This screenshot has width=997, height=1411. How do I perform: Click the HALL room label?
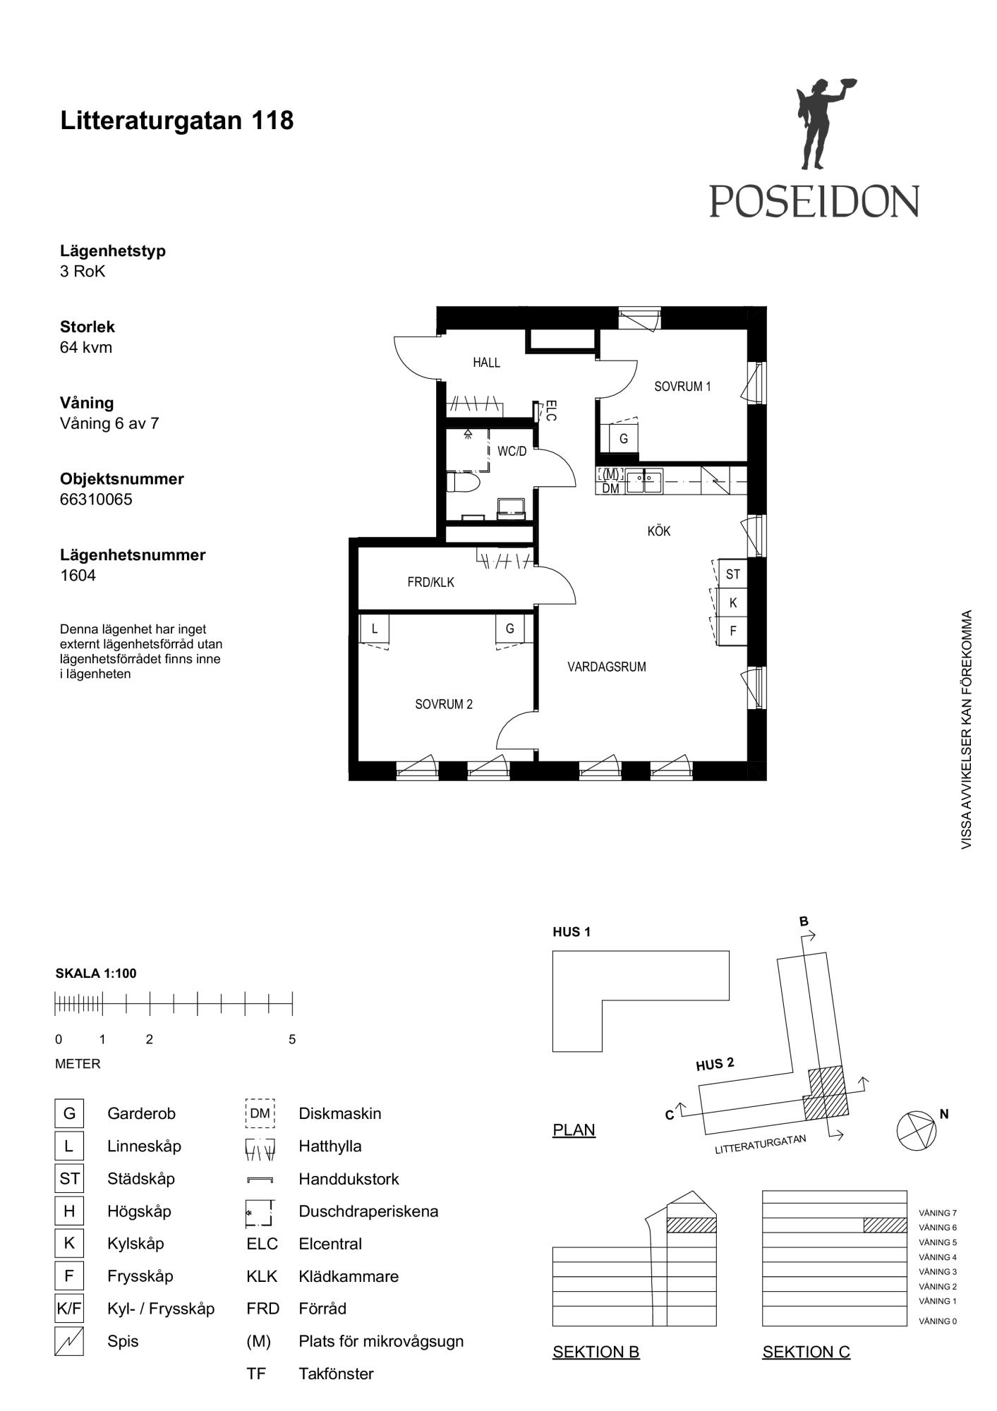pyautogui.click(x=486, y=363)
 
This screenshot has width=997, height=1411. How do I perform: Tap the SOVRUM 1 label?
pyautogui.click(x=682, y=387)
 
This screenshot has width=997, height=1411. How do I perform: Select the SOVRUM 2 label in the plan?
pyautogui.click(x=444, y=704)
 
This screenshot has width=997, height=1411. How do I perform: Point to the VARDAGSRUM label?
pyautogui.click(x=607, y=667)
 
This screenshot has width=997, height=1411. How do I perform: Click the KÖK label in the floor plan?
pyautogui.click(x=659, y=531)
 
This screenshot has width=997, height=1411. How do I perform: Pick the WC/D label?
pyautogui.click(x=512, y=452)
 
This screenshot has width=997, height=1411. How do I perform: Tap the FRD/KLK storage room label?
pyautogui.click(x=431, y=583)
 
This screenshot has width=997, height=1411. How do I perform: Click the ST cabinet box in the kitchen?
pyautogui.click(x=733, y=574)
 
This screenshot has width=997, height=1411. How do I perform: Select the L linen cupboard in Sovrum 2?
pyautogui.click(x=375, y=629)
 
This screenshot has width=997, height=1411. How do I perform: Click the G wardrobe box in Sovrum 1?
pyautogui.click(x=624, y=438)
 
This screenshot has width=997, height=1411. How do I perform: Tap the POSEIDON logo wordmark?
pyautogui.click(x=814, y=201)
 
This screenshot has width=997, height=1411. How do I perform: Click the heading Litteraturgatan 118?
pyautogui.click(x=177, y=121)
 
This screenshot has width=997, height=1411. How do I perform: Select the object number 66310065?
pyautogui.click(x=96, y=499)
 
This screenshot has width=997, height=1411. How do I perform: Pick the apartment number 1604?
pyautogui.click(x=78, y=576)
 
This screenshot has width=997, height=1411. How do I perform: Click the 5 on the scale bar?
pyautogui.click(x=292, y=1039)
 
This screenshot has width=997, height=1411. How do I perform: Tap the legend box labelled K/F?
pyautogui.click(x=69, y=1309)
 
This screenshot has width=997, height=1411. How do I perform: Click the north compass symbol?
pyautogui.click(x=917, y=1131)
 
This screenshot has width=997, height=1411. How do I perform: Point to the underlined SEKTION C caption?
pyautogui.click(x=806, y=1352)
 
